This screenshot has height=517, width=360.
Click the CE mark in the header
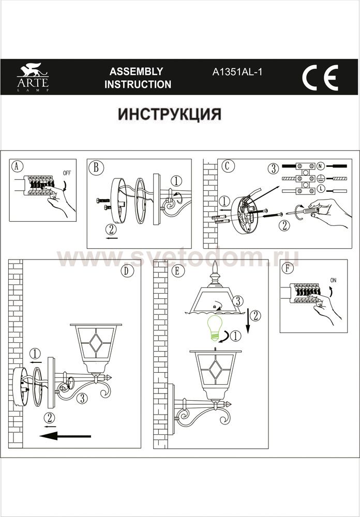click(320, 78)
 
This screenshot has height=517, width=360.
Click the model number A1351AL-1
click(237, 72)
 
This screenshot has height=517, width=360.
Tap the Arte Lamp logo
click(33, 77)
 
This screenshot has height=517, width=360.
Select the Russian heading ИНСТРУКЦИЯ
click(170, 114)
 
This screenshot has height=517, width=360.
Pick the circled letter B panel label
click(96, 167)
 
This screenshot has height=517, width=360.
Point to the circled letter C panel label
click(227, 166)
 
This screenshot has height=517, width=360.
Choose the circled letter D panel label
click(127, 271)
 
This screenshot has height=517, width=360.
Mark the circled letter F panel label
click(288, 268)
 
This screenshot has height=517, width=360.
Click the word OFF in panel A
click(67, 173)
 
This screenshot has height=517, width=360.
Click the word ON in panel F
click(333, 280)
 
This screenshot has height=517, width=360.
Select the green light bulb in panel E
click(214, 328)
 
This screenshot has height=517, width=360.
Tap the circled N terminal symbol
click(320, 165)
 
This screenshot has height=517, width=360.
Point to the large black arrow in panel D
click(65, 436)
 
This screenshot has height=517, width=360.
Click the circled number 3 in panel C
click(273, 169)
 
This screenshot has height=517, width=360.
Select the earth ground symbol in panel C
click(320, 178)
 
